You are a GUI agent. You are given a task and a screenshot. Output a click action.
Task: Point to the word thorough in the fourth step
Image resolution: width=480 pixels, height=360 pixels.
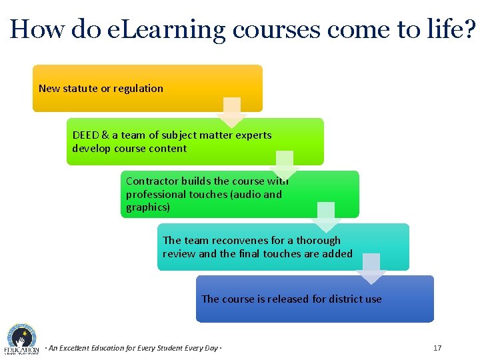click(318, 240)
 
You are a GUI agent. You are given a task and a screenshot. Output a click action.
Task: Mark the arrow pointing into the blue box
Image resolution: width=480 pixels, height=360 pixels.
click(371, 269)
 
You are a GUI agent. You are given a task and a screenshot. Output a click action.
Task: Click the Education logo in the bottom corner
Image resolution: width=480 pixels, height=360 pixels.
click(21, 339)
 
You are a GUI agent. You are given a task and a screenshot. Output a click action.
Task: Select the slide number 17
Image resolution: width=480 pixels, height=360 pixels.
click(437, 348)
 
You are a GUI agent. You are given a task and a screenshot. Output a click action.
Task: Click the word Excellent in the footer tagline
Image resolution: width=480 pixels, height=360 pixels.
click(82, 348)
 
